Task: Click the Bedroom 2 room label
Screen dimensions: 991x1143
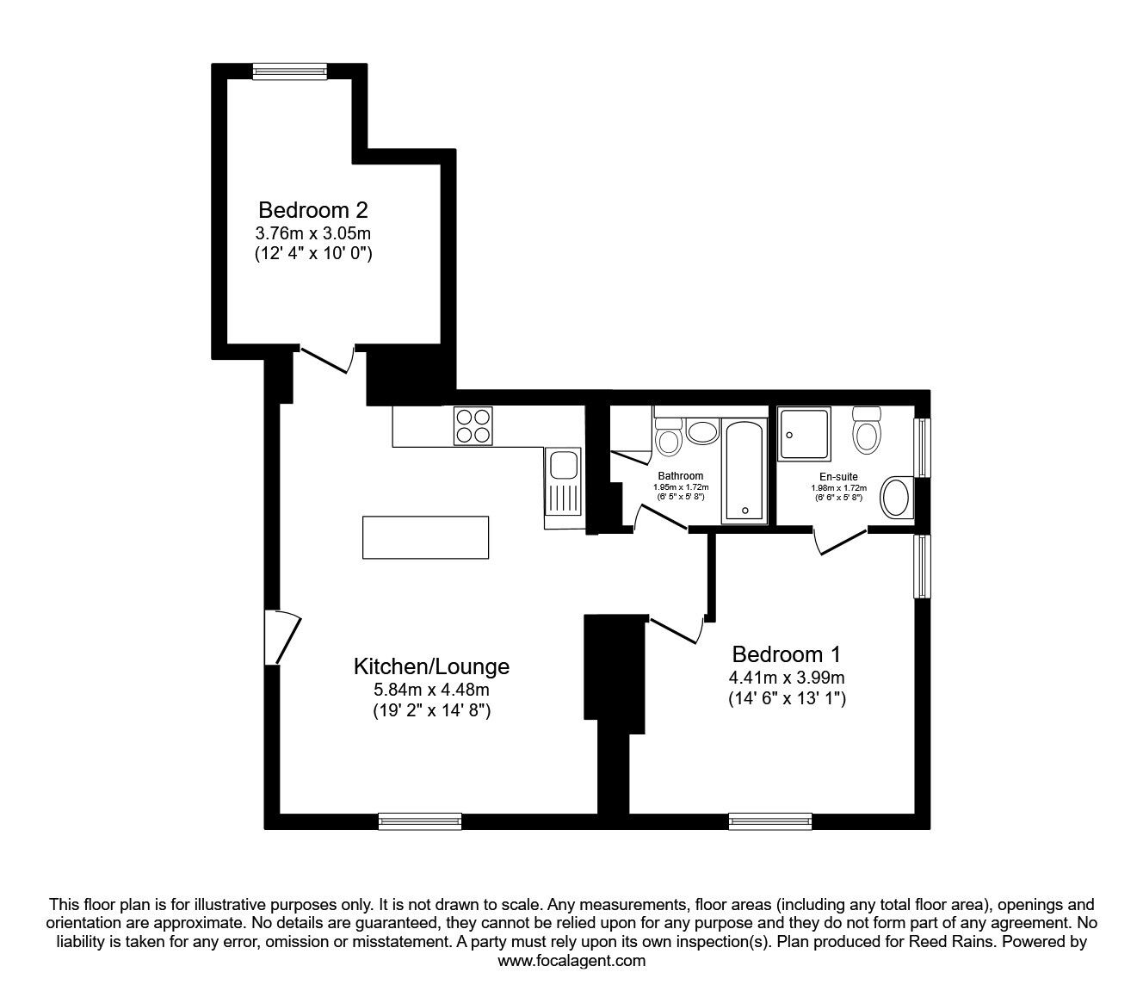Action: (313, 209)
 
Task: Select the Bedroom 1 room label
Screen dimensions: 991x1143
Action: (786, 653)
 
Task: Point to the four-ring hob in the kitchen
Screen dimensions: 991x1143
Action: (473, 425)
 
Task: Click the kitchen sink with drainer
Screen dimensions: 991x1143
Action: (564, 487)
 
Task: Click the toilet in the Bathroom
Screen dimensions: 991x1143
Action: (668, 436)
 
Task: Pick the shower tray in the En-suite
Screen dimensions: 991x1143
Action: (805, 435)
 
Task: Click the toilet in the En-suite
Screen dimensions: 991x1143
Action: (865, 430)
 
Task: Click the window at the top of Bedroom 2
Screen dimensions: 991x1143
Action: (290, 71)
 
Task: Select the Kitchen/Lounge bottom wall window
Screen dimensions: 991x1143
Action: (420, 821)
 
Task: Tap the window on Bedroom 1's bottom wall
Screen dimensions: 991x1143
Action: (770, 821)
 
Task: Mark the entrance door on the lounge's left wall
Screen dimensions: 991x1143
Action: (281, 637)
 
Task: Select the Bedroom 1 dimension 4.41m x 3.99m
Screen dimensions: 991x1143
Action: (786, 677)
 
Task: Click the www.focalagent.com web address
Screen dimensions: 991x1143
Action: (571, 961)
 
